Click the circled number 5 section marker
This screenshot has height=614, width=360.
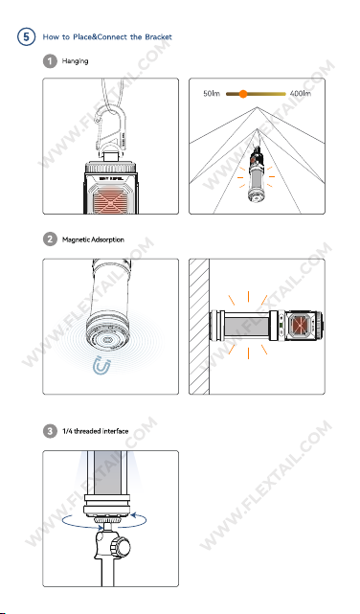(x=26, y=36)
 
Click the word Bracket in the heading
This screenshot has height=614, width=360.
(x=158, y=37)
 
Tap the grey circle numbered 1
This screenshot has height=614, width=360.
(x=50, y=61)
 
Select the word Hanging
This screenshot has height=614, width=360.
(x=75, y=61)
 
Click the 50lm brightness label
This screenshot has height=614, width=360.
(x=212, y=94)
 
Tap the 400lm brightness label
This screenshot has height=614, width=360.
(x=301, y=94)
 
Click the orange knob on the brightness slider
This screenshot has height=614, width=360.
(x=243, y=94)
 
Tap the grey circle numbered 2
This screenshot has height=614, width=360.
(x=50, y=239)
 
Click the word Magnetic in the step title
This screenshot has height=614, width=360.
(x=75, y=239)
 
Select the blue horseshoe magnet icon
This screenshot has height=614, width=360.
(x=101, y=367)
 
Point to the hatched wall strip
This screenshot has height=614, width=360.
(x=199, y=327)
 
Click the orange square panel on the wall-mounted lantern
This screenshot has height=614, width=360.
(x=301, y=326)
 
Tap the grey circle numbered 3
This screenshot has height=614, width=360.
(x=50, y=431)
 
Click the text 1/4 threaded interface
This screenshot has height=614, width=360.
(x=95, y=431)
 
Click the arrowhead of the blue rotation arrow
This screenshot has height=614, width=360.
(x=133, y=514)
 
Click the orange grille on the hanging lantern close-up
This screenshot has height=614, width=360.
(x=110, y=201)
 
